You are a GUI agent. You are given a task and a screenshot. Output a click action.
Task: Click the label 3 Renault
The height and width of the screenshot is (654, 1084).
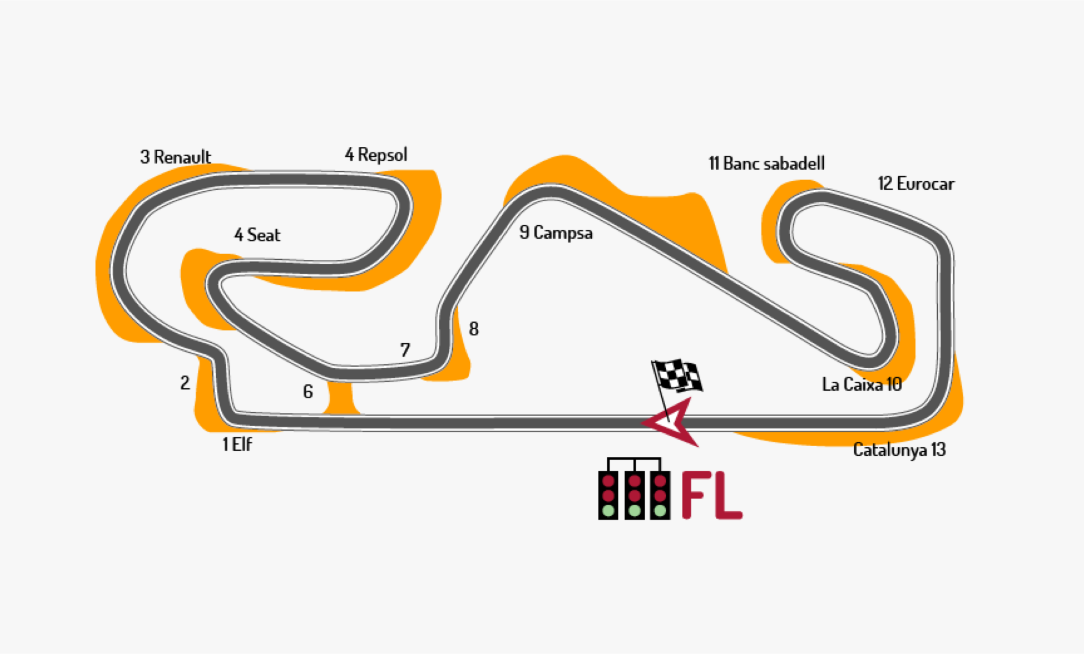[175, 157]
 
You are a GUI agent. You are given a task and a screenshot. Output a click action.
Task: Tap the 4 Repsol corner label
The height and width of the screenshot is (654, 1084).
[375, 155]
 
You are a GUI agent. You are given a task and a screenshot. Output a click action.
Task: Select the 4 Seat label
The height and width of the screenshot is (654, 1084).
[257, 235]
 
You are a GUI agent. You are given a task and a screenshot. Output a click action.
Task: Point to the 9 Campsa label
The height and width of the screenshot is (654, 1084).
[556, 233]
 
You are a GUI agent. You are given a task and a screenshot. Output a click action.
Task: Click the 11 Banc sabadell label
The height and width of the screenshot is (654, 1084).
[766, 164]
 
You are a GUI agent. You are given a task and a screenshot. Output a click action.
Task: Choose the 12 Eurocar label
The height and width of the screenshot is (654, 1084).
[915, 184]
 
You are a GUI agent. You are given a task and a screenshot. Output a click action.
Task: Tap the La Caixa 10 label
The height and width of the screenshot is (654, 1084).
[862, 385]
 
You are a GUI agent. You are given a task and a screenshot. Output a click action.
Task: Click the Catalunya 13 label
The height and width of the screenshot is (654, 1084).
[899, 450]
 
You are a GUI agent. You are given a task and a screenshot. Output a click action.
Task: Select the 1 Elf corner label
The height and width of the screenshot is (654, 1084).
[237, 444]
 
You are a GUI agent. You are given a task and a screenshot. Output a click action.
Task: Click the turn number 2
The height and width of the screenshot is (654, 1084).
[185, 383]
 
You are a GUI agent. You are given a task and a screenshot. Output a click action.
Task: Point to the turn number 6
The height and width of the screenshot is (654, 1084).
[308, 391]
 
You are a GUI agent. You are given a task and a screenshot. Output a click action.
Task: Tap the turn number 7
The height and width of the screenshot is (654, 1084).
[405, 350]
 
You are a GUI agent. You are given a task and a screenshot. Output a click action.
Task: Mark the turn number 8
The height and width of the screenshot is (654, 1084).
[474, 329]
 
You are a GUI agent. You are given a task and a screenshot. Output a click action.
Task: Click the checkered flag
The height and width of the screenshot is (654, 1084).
[677, 376]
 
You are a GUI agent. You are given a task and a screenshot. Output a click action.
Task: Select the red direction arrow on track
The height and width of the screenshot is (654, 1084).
[675, 422]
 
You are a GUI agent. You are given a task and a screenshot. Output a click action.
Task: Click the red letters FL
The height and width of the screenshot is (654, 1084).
[711, 495]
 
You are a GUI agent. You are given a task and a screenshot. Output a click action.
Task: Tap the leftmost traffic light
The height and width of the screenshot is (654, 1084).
[608, 495]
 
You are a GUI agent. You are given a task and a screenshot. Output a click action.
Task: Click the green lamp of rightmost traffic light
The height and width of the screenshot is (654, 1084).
[660, 511]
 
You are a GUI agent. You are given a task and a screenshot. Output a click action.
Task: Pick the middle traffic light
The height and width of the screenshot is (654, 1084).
[635, 495]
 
